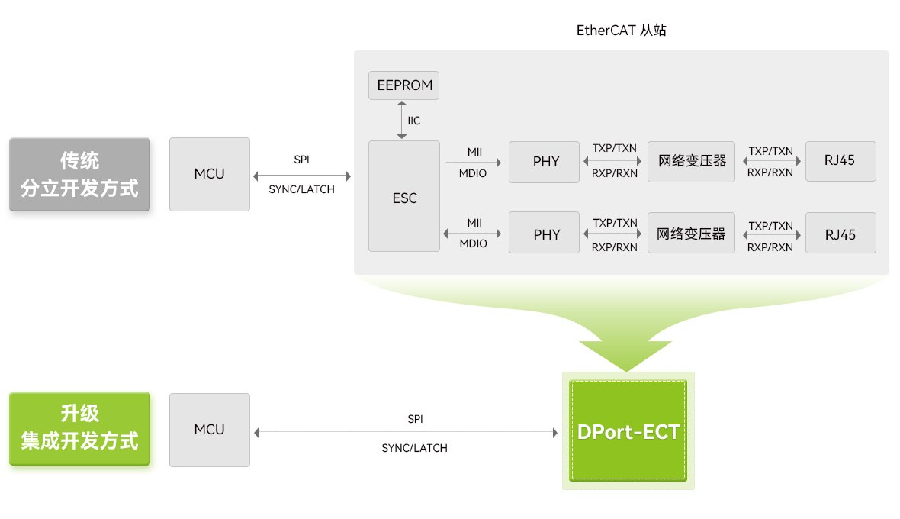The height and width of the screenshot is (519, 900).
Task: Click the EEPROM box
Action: [x=403, y=85]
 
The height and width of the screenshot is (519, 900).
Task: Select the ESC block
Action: [x=404, y=196]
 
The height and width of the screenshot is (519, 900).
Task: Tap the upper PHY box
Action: [x=544, y=162]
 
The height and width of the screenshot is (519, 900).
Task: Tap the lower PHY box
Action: [x=544, y=233]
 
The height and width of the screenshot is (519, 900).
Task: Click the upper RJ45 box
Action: [x=841, y=161]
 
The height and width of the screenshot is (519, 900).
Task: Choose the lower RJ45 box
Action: [x=841, y=233]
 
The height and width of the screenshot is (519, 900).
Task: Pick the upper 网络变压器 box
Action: [x=691, y=162]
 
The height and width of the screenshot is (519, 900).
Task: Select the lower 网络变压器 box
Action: [x=691, y=233]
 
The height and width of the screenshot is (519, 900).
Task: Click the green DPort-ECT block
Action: [x=628, y=430]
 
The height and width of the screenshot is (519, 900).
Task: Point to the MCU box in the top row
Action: [x=210, y=174]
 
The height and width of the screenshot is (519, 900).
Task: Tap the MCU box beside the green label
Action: [x=210, y=430]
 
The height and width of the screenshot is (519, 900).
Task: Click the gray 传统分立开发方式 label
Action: [x=80, y=175]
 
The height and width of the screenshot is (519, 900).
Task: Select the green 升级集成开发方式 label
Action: [x=80, y=428]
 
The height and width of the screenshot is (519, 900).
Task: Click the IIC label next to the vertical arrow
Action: [x=414, y=121]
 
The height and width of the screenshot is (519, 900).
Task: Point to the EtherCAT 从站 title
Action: [x=621, y=31]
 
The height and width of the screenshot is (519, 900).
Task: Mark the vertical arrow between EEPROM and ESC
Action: [x=402, y=120]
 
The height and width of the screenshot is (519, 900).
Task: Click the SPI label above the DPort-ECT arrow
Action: [x=415, y=419]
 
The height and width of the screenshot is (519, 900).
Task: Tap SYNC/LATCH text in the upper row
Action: [x=301, y=189]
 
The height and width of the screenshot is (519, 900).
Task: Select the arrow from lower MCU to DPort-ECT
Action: [x=406, y=432]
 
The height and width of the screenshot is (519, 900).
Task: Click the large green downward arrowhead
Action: [x=625, y=355]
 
